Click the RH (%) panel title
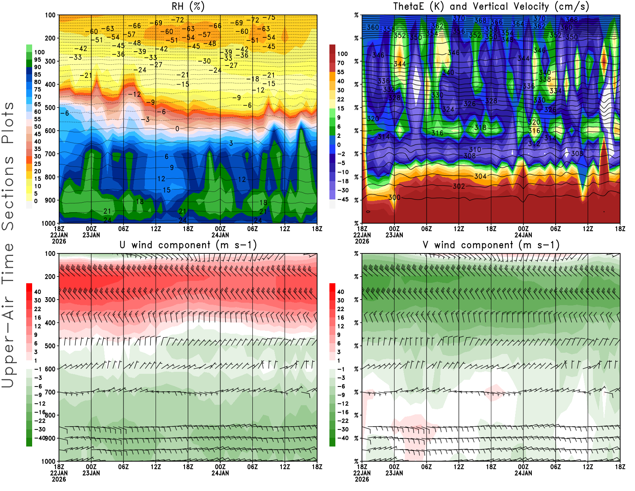click(188, 6)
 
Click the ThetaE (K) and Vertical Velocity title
click(491, 6)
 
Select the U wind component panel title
click(188, 245)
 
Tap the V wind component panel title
click(491, 245)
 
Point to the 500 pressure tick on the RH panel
click(50, 108)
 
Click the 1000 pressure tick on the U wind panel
click(48, 461)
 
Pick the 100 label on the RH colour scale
click(39, 52)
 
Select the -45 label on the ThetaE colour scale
click(343, 199)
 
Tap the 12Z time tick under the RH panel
click(156, 229)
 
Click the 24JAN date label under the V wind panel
click(523, 473)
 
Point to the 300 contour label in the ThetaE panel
click(394, 197)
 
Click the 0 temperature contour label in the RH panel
click(177, 129)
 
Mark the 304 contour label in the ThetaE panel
click(480, 176)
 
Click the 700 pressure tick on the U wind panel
click(50, 392)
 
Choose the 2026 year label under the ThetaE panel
click(362, 241)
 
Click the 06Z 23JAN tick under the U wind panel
click(123, 467)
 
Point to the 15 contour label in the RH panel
click(167, 190)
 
